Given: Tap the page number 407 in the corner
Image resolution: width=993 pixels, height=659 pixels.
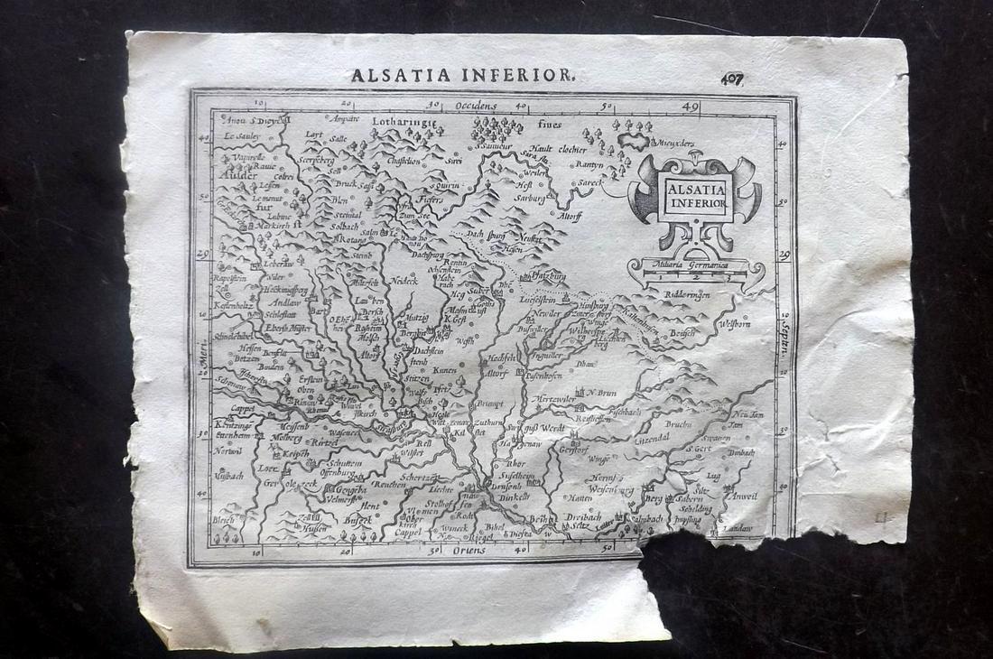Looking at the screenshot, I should pyautogui.click(x=732, y=79).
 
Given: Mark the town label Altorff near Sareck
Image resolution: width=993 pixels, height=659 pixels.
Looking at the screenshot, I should pyautogui.click(x=570, y=216).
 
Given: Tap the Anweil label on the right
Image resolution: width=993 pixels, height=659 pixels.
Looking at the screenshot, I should pyautogui.click(x=744, y=496).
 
